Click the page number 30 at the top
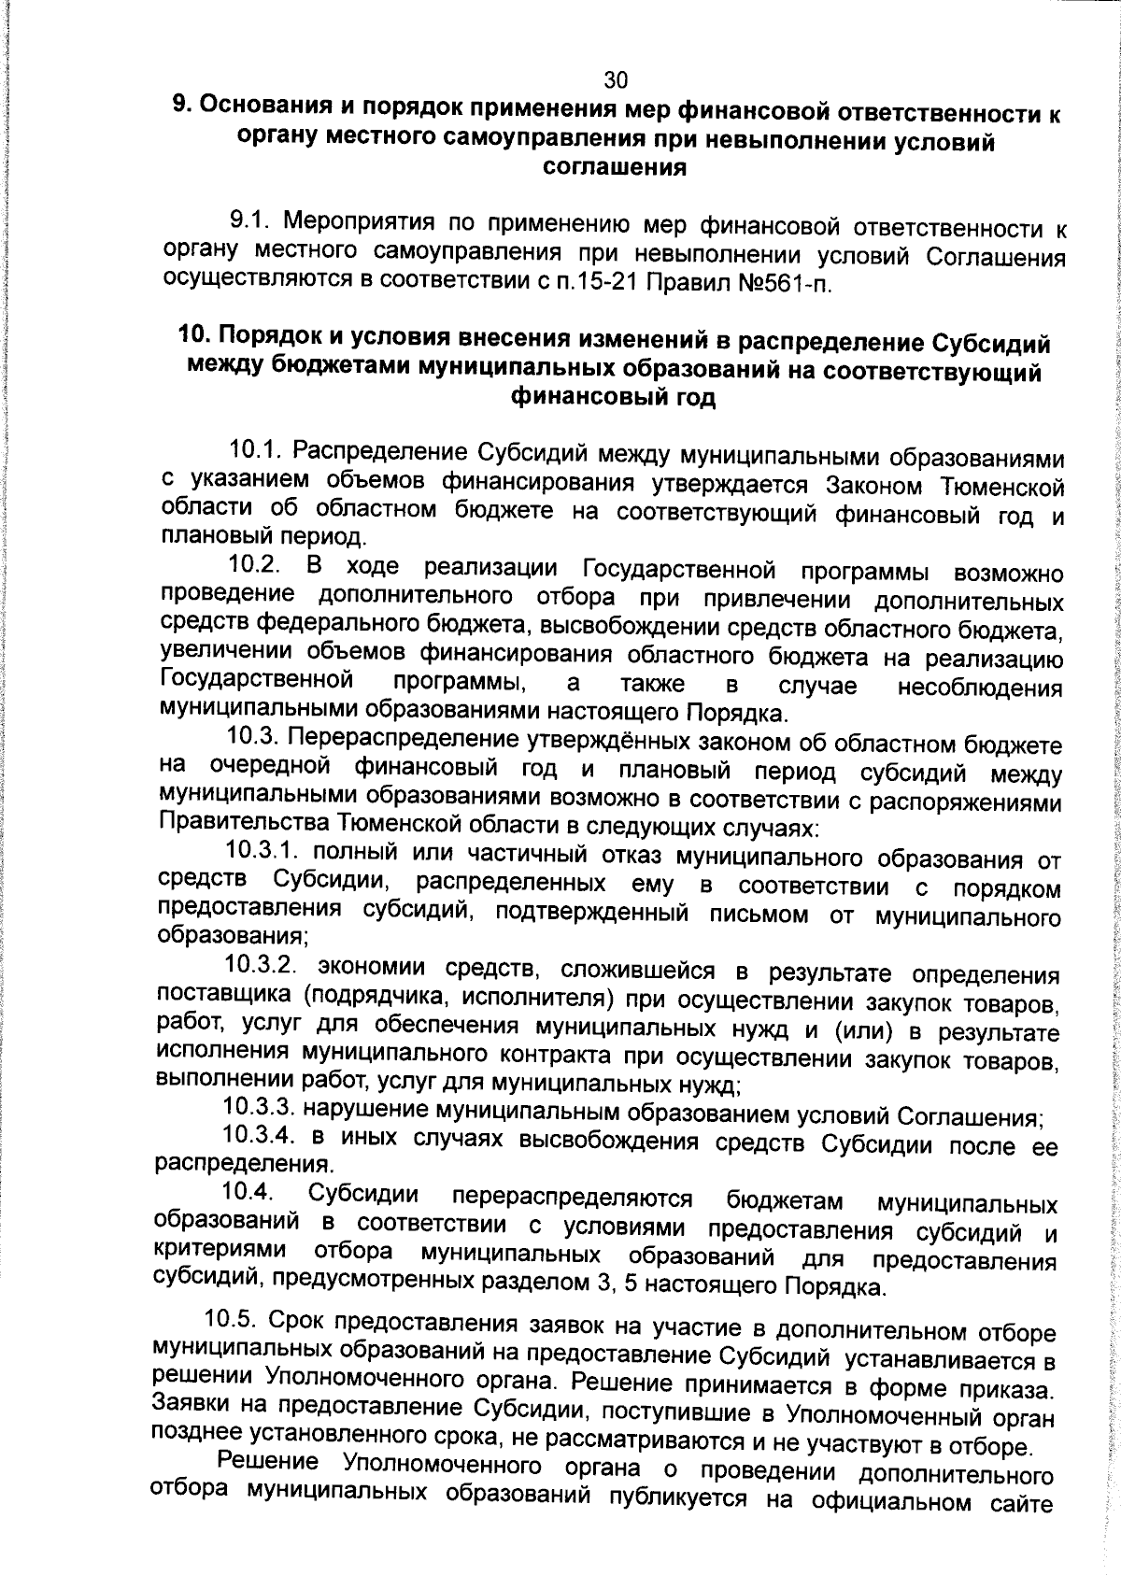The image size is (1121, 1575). [615, 79]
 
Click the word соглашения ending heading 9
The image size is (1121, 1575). [615, 168]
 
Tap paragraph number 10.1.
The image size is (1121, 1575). [257, 451]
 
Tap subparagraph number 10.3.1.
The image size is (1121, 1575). [263, 852]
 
